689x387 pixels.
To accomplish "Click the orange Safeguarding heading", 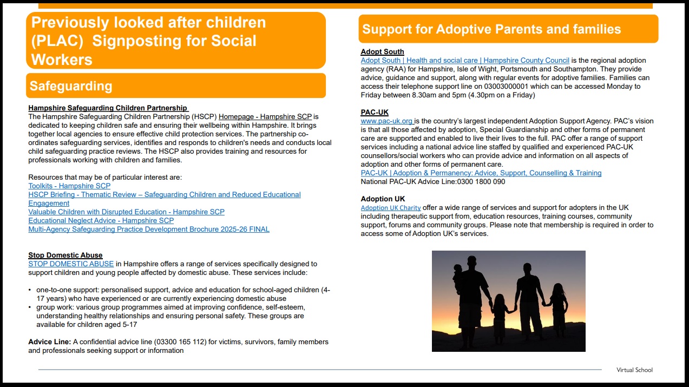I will click(x=71, y=86).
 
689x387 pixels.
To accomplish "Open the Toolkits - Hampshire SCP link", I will click(x=69, y=186).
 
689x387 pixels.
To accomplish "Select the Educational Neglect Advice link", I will click(x=101, y=220).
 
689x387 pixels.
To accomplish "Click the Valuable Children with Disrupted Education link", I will click(x=126, y=212).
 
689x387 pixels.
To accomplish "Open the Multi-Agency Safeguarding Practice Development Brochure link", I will click(x=148, y=229).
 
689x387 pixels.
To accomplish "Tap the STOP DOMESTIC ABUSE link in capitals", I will click(x=71, y=264).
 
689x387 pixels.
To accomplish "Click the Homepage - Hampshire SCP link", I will click(x=265, y=116).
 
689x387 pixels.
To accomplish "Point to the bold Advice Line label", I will click(x=49, y=342).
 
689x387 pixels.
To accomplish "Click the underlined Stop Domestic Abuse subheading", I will click(x=65, y=255).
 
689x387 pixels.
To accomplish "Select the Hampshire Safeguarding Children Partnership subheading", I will click(x=108, y=108).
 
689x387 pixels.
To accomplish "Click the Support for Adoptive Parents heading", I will click(x=491, y=29).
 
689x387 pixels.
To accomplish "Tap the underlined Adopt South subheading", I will click(x=382, y=51).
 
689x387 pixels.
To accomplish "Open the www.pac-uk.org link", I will click(x=386, y=121).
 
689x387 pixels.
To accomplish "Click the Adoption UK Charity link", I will click(x=390, y=208).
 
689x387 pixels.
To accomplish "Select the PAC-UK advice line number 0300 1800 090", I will click(x=481, y=181).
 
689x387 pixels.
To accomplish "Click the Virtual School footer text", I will click(x=634, y=370).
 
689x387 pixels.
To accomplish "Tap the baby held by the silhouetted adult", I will click(x=458, y=271).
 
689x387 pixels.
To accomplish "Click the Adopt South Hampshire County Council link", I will click(x=465, y=60).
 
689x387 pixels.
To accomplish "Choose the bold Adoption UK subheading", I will click(x=383, y=199).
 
